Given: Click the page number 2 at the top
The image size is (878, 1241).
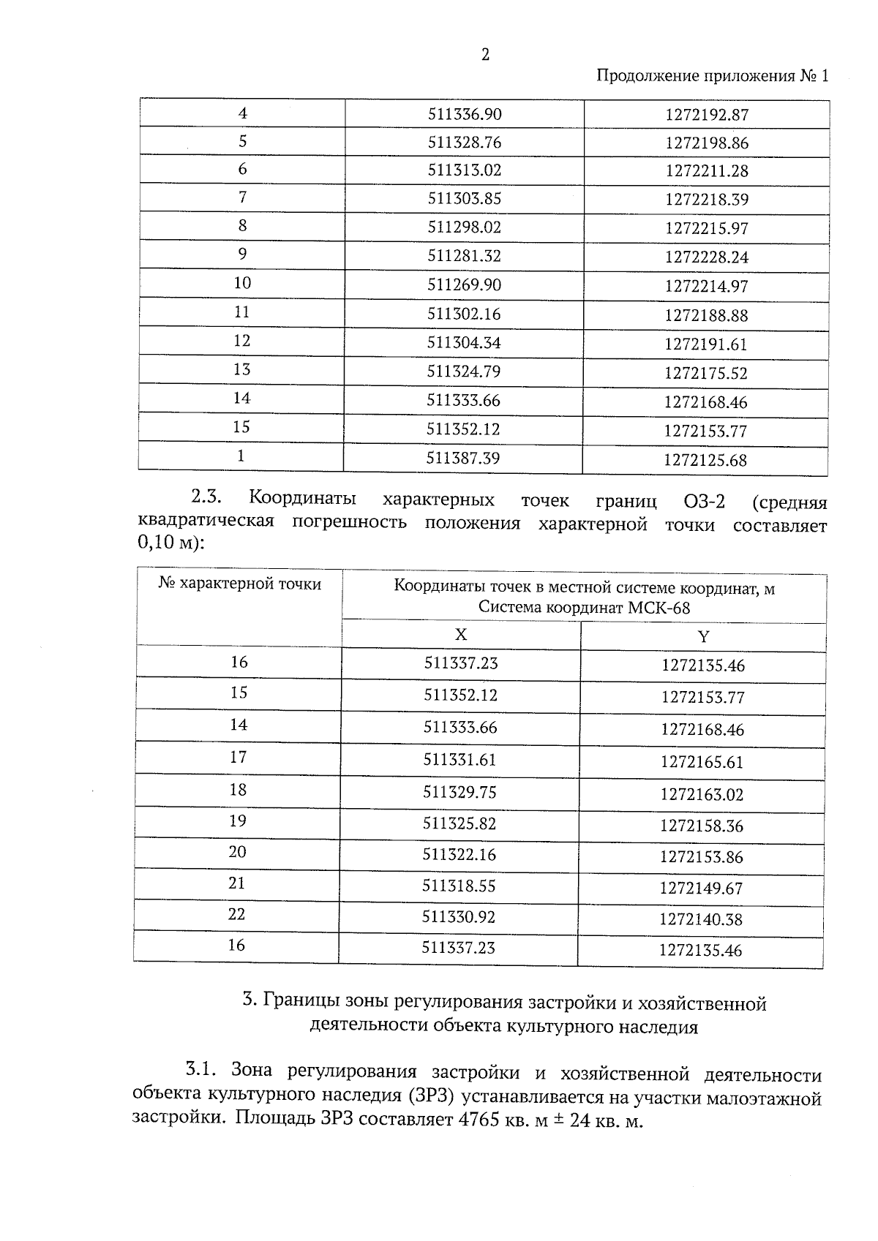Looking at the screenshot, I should coord(485,55).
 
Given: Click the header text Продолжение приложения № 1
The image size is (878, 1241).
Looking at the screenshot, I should coord(713,77).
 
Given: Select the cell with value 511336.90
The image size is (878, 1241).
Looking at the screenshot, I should coord(465,114).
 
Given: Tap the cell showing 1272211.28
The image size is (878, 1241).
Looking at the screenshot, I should coord(707,171).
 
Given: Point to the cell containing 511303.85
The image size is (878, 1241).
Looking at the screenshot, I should coord(465,199).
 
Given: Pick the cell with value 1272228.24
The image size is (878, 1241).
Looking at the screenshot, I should coord(707,257).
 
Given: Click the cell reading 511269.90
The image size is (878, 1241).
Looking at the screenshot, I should coord(465,285).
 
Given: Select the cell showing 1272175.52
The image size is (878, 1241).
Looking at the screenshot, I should coord(706,374).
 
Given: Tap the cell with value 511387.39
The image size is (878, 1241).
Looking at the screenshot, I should coord(464,459).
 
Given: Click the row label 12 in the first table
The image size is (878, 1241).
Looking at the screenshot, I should coord(241,341).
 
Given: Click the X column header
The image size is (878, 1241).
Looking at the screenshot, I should coord(461,635).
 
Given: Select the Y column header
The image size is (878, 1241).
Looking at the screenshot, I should coord(703,637).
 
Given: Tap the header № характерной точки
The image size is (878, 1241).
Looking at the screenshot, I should coord(240,584).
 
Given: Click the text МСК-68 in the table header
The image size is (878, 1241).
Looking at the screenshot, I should coord(662,608).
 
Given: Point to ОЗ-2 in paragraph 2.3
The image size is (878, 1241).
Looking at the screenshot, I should coord(704,502).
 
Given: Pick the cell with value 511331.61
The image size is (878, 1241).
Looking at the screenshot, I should coord(460,760).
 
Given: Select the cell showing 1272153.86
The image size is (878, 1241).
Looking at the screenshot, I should coord(702,857).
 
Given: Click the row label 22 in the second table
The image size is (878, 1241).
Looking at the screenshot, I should coord(236,914).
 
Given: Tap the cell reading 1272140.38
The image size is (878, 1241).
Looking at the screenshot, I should coord(701,919).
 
